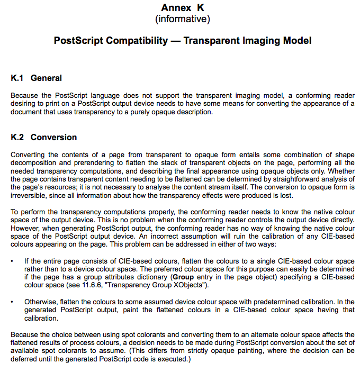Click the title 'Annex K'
(182, 7)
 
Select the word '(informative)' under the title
(182, 20)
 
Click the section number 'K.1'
(17, 78)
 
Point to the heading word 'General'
(46, 78)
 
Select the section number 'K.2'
(17, 138)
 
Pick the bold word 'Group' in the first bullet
(183, 277)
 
